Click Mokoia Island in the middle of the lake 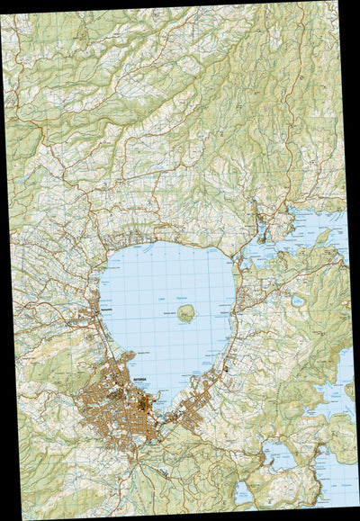pyautogui.click(x=186, y=313)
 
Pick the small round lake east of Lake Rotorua pyautogui.click(x=298, y=301)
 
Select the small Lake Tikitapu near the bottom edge pyautogui.click(x=241, y=493)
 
